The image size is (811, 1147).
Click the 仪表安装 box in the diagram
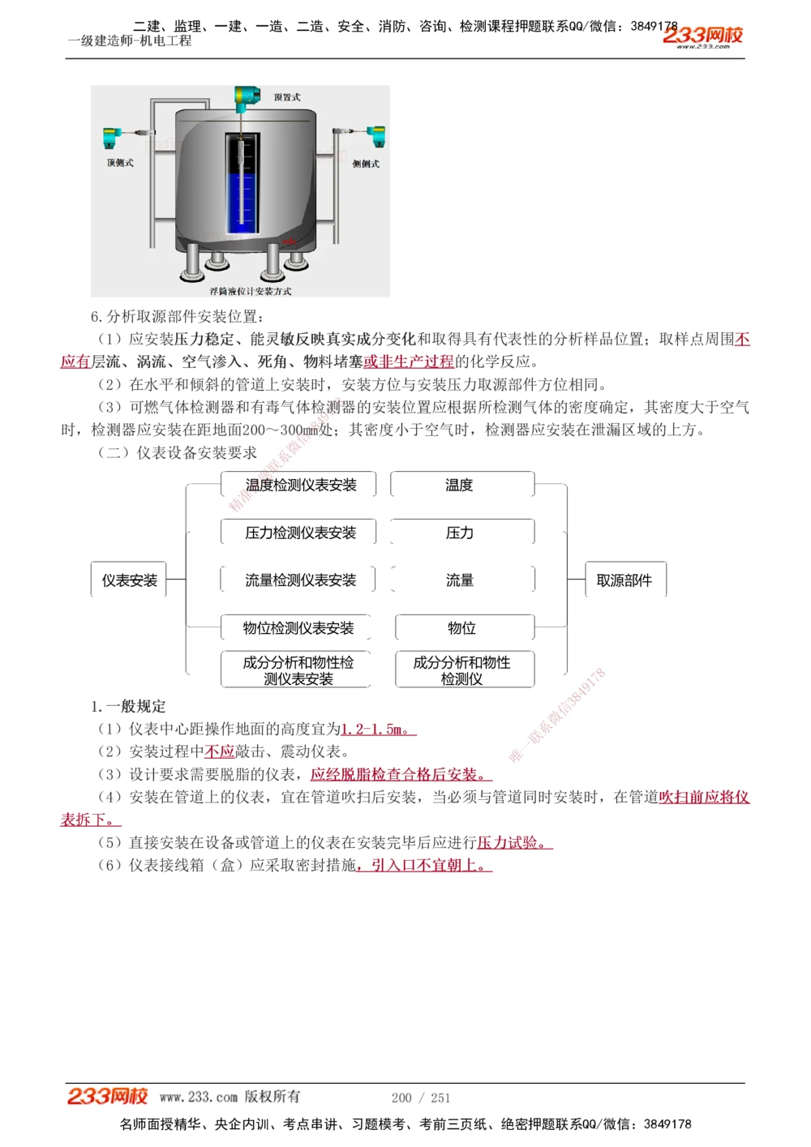(129, 580)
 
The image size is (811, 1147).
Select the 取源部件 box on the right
(624, 580)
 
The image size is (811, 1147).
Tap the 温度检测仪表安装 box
(300, 485)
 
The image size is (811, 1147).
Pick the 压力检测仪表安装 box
(300, 533)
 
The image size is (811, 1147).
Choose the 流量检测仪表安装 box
(300, 580)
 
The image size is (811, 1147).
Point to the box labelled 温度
(460, 485)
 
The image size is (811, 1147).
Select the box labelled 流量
(460, 580)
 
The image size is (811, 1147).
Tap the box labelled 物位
(462, 628)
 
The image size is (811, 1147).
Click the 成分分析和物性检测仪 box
(462, 670)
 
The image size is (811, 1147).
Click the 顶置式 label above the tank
(287, 97)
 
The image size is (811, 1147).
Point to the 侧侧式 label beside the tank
(366, 164)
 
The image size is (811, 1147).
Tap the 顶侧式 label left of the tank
(120, 163)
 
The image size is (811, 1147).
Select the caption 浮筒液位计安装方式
(250, 291)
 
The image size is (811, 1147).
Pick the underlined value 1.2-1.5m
(376, 730)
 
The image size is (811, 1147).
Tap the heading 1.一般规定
(128, 706)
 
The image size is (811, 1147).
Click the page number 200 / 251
(421, 1098)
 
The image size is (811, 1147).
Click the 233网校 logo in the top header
(703, 36)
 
